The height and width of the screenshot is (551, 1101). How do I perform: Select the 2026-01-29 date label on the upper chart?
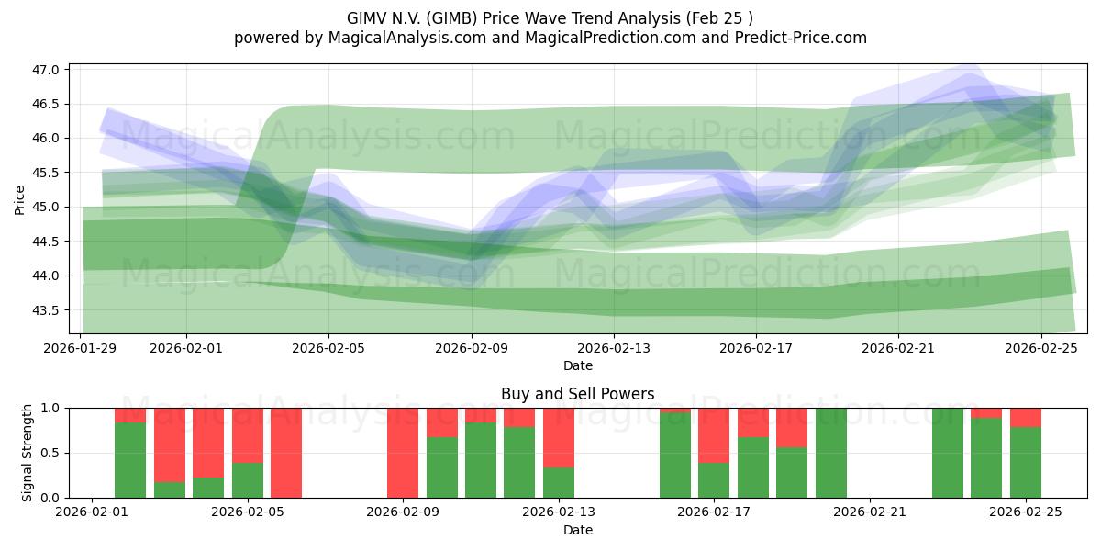(x=81, y=348)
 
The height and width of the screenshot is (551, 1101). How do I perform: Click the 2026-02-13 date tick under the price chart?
(x=614, y=348)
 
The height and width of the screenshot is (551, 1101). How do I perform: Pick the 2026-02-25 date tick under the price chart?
(x=1041, y=348)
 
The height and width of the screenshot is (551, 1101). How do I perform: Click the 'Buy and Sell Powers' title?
(x=577, y=394)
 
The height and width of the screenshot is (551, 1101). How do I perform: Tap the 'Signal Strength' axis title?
(x=28, y=453)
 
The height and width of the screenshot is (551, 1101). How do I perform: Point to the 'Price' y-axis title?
(x=20, y=199)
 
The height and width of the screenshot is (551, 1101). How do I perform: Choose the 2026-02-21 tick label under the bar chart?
(x=869, y=512)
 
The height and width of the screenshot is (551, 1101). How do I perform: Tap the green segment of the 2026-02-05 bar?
(x=248, y=480)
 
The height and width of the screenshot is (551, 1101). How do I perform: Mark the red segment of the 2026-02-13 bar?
(x=559, y=437)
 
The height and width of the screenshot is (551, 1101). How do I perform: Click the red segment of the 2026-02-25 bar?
(x=1026, y=418)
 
